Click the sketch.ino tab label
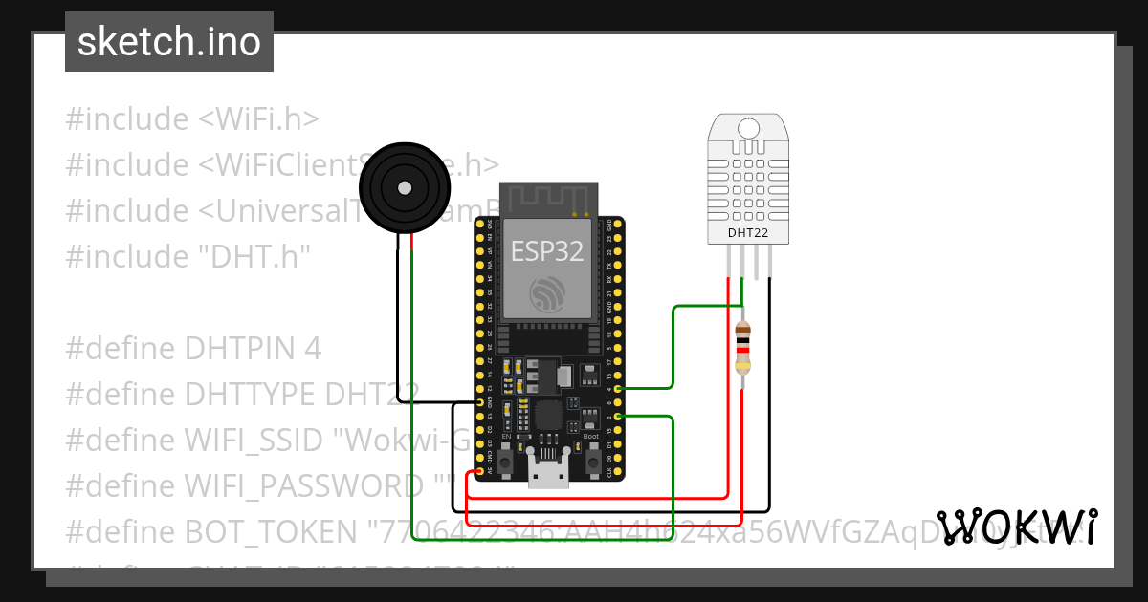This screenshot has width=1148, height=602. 169,42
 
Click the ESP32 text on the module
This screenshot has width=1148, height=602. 547,250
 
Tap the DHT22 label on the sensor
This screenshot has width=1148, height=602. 748,230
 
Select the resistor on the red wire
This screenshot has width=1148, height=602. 743,348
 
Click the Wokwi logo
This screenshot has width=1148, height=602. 1017,527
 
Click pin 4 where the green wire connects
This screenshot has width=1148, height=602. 618,389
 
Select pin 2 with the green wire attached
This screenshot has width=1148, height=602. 618,417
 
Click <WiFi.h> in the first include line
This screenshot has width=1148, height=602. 258,119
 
